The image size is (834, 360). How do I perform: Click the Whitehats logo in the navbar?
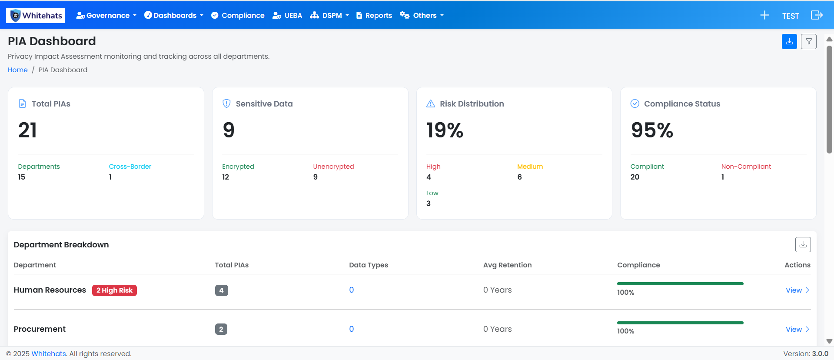pyautogui.click(x=36, y=16)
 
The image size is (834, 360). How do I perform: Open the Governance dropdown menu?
pyautogui.click(x=106, y=16)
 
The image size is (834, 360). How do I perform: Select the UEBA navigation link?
pyautogui.click(x=287, y=16)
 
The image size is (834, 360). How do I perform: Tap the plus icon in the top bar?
pyautogui.click(x=764, y=16)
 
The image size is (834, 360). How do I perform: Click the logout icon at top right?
pyautogui.click(x=817, y=15)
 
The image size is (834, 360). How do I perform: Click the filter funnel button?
pyautogui.click(x=808, y=42)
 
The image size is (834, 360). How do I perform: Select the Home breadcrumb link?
pyautogui.click(x=18, y=70)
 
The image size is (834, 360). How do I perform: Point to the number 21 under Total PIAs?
pyautogui.click(x=27, y=130)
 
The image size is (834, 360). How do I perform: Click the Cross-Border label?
pyautogui.click(x=130, y=167)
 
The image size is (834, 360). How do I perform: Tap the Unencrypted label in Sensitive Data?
pyautogui.click(x=333, y=167)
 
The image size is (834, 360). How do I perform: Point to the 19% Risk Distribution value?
pyautogui.click(x=445, y=130)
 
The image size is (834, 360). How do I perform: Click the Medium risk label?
pyautogui.click(x=530, y=167)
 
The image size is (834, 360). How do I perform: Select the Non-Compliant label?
pyautogui.click(x=746, y=167)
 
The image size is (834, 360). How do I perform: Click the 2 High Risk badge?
pyautogui.click(x=114, y=290)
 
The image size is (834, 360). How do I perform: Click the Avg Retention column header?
pyautogui.click(x=507, y=265)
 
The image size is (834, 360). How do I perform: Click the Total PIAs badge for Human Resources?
pyautogui.click(x=221, y=290)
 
